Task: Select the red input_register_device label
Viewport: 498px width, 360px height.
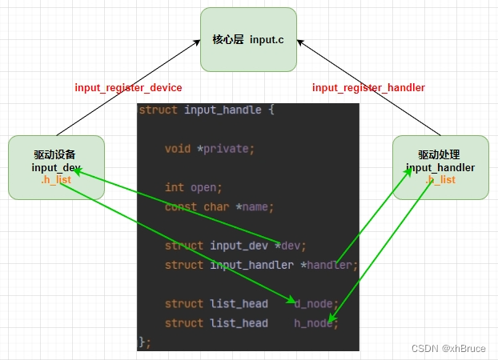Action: tap(129, 87)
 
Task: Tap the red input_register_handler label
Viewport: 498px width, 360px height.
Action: tap(368, 87)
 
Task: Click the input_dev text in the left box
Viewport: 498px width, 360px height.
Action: tap(57, 167)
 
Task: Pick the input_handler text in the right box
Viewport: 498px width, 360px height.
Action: tap(440, 167)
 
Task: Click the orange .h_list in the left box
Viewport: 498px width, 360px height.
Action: tap(56, 180)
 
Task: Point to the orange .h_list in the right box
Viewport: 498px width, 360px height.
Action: tap(440, 180)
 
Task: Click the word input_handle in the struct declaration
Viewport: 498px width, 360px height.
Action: tap(223, 110)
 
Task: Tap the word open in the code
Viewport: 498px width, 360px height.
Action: tap(203, 187)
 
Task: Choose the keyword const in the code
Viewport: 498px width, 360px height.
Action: tap(181, 206)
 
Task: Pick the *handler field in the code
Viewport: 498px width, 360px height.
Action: tap(328, 265)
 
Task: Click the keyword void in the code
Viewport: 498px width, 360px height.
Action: tap(178, 148)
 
